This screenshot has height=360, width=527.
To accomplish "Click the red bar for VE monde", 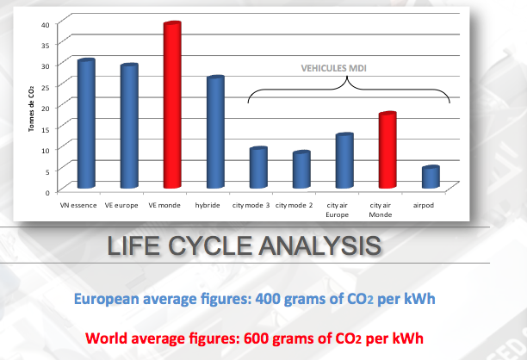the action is [x=172, y=105].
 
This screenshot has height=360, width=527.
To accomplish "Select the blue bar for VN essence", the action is [x=86, y=123].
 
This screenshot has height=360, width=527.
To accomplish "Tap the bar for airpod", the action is [x=431, y=177].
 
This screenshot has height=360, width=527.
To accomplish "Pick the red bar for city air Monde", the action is [x=387, y=150].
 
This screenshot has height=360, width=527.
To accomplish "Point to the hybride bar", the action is [x=215, y=132].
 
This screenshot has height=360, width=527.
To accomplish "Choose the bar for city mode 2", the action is [x=301, y=170].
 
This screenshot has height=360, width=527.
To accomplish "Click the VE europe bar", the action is [x=129, y=126].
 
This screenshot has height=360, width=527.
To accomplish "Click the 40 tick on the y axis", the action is [x=46, y=24].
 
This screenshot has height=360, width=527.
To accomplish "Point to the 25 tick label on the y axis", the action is [x=46, y=87].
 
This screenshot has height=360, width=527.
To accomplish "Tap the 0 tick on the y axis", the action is [x=47, y=193].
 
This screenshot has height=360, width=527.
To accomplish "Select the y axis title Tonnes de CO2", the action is [x=31, y=109].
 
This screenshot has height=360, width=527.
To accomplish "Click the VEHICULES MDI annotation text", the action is [x=334, y=68].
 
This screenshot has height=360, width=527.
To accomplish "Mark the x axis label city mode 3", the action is [x=251, y=205].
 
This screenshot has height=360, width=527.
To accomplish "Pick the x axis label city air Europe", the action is [x=337, y=210].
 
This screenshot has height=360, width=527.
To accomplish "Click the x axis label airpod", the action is [x=424, y=205].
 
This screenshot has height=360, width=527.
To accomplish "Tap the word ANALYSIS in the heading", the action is [x=320, y=245].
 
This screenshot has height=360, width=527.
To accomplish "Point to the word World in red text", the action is [x=106, y=338].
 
